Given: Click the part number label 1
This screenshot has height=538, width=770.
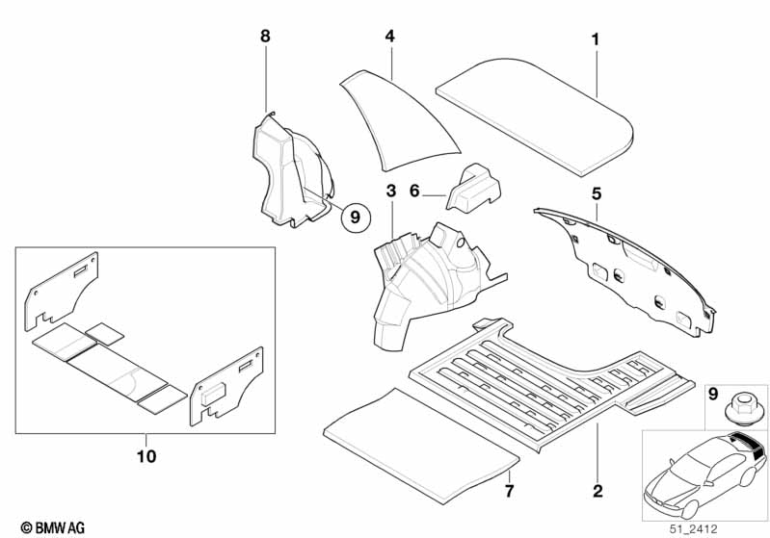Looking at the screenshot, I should point(595,39).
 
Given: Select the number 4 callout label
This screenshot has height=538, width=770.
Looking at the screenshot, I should point(389,36).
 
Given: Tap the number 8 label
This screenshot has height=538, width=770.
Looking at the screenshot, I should point(266,36).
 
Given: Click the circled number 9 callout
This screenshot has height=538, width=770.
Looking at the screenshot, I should point(355,218).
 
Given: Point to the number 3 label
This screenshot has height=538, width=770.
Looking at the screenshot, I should point(390,191).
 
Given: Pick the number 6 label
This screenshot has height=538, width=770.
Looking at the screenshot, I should point(414,192).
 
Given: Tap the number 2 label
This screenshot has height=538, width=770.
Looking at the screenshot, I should point(597,492).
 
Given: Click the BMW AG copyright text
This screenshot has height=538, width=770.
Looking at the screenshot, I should point(45,527).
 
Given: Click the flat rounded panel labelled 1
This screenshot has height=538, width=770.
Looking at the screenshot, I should point(536,112).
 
